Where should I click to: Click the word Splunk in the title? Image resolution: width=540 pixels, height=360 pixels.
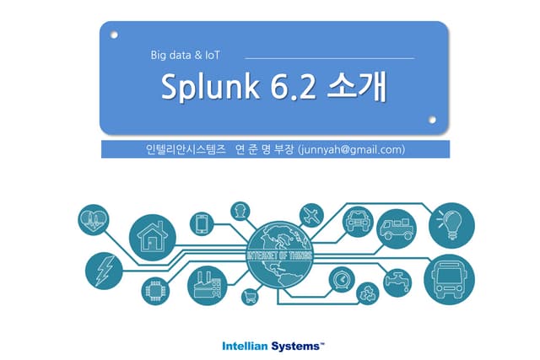pos(210,86)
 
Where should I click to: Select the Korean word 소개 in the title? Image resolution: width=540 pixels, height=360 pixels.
pos(356,86)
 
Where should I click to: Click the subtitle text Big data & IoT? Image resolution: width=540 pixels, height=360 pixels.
pos(186,55)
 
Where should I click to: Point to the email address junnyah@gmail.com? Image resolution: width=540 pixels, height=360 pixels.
pos(351,150)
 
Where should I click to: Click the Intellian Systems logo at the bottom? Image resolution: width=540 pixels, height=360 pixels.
pos(273,346)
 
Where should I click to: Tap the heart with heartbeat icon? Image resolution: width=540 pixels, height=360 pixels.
pos(94,219)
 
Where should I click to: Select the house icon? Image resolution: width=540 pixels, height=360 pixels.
pos(153,238)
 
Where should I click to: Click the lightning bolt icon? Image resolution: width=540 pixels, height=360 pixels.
pos(104,271)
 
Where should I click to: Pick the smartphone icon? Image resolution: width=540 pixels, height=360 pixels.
pos(202,223)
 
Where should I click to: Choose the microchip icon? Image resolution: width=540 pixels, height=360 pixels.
pos(155,291)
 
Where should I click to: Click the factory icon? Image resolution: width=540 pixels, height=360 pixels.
pos(208,286)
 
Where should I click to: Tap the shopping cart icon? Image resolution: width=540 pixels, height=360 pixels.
pos(250,296)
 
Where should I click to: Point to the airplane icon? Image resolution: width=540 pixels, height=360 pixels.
pos(311,216)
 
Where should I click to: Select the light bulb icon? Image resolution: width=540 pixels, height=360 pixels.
pos(451,225)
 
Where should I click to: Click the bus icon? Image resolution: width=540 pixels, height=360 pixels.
pos(449,279)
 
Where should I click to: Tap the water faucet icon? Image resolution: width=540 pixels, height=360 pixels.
pos(397,283)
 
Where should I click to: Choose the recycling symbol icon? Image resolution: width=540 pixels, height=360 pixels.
pos(368,293)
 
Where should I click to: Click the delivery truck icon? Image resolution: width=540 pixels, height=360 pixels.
pos(397,228)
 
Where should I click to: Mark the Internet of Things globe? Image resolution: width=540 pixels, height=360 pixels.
pos(280,255)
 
